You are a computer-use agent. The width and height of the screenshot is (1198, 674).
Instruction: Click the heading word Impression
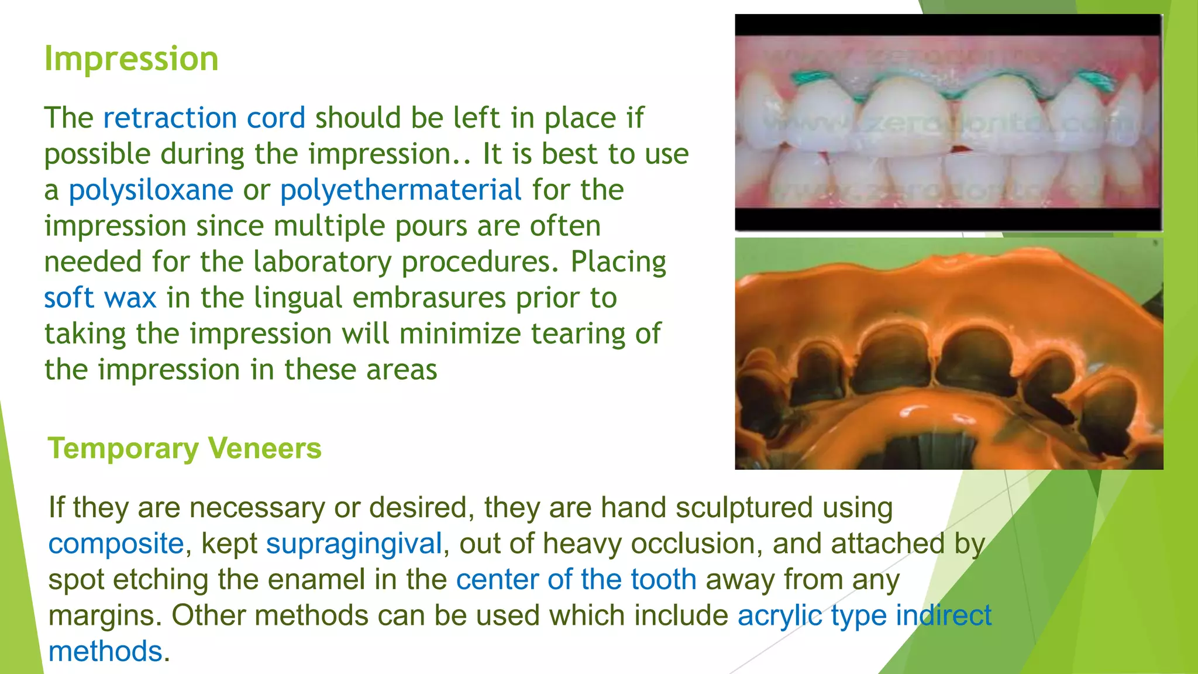132,59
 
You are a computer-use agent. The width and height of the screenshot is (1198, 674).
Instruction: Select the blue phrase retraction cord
204,118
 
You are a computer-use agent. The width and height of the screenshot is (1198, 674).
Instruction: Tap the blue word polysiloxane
151,190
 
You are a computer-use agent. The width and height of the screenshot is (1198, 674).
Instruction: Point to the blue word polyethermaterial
401,190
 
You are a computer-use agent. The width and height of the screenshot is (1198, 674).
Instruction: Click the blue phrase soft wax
100,298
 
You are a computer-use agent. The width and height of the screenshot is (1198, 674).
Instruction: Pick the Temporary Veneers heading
185,449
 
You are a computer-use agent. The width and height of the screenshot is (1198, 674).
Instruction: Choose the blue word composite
116,544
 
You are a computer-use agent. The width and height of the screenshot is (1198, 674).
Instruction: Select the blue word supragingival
354,544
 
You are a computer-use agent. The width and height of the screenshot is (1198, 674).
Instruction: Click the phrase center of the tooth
576,580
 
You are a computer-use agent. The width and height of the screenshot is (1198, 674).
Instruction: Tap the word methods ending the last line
105,652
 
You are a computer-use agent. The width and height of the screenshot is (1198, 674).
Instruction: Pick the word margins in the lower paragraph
104,615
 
